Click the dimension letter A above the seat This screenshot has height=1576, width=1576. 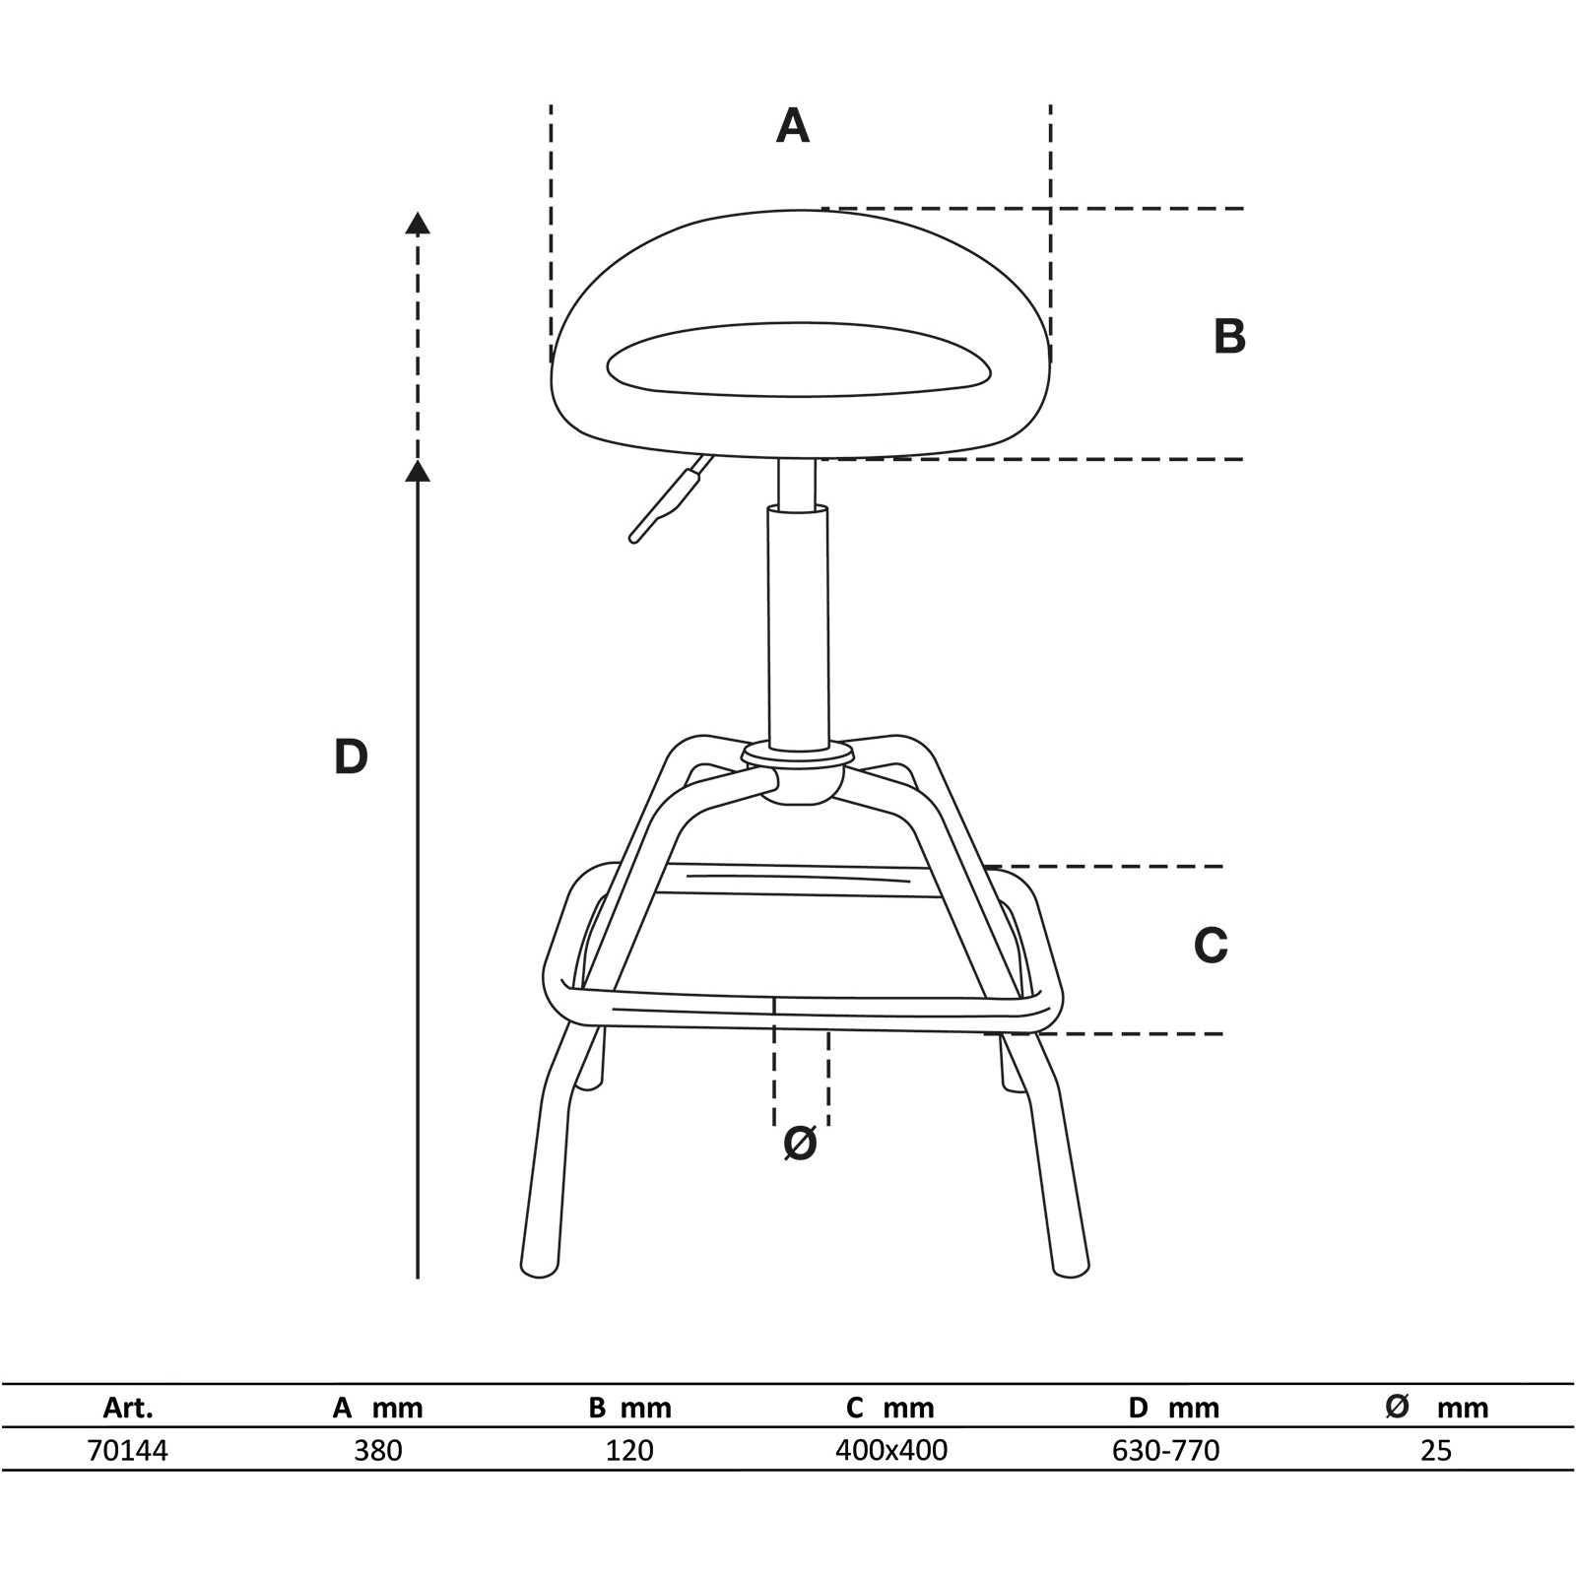pos(793,126)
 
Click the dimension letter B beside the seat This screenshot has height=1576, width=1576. pos(1229,336)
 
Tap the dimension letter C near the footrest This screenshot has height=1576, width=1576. pos(1211,946)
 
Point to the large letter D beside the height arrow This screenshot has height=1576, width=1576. pos(351,757)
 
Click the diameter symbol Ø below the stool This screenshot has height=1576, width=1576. pos(800,1144)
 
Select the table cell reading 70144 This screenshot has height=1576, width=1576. pos(128,1450)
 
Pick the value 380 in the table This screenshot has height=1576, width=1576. pos(378,1450)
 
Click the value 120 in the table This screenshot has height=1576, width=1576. pos(629,1450)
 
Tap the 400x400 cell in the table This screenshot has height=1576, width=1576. pos(890,1450)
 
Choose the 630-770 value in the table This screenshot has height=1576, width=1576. pos(1165,1450)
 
